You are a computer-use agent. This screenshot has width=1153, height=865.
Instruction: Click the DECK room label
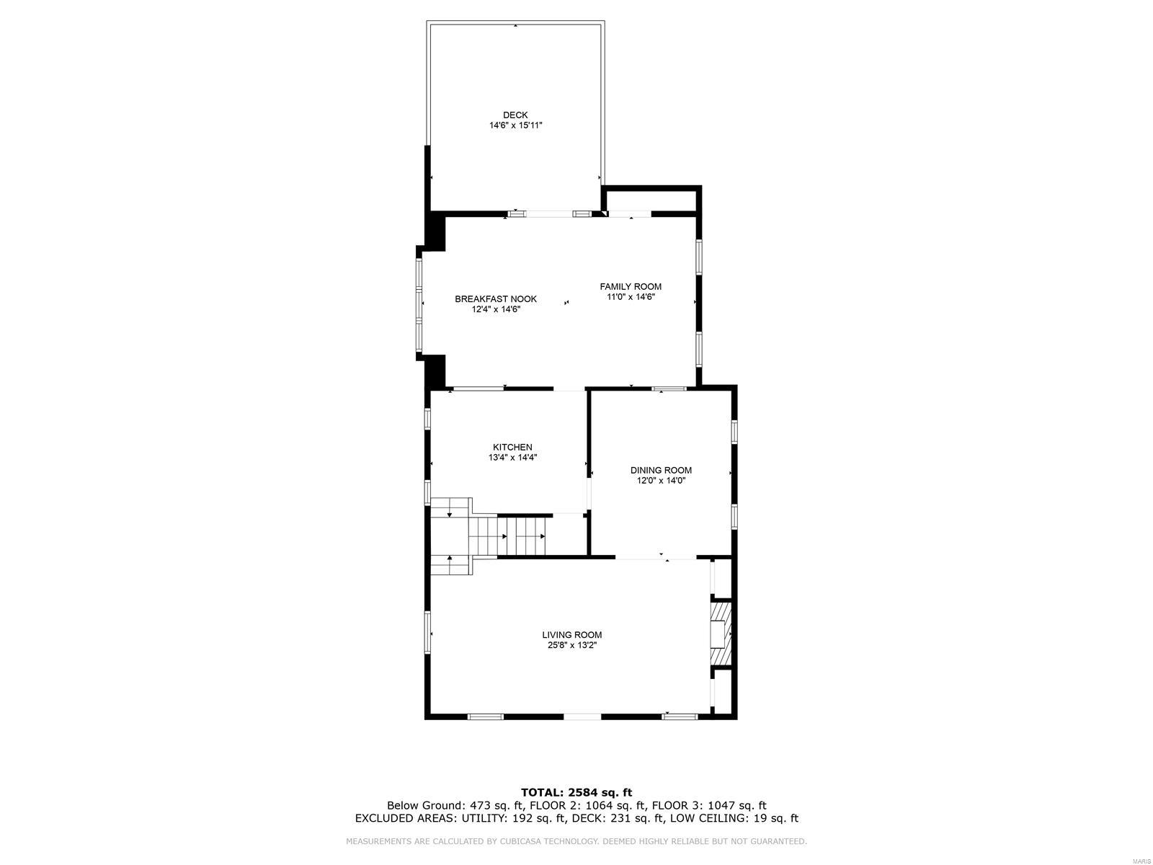515,115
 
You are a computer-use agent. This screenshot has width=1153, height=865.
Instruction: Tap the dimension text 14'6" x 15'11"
515,125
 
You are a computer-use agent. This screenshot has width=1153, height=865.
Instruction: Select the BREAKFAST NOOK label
496,299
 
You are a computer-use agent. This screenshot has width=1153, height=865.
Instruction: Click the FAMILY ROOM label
631,286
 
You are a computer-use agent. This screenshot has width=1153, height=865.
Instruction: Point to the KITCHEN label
512,447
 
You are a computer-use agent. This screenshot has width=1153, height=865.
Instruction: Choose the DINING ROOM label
661,470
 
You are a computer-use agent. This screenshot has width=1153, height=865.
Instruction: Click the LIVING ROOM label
572,635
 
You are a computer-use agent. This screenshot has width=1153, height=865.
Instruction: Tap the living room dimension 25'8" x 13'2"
572,646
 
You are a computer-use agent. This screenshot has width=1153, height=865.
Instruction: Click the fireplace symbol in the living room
721,634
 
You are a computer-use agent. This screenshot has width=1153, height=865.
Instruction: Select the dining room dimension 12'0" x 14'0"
661,480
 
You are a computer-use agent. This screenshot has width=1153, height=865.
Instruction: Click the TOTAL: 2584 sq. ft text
576,792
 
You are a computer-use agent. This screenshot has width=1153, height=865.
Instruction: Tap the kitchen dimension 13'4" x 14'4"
512,457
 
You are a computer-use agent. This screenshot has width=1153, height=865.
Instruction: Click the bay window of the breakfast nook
419,303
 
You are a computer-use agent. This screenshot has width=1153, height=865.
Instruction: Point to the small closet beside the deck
650,199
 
